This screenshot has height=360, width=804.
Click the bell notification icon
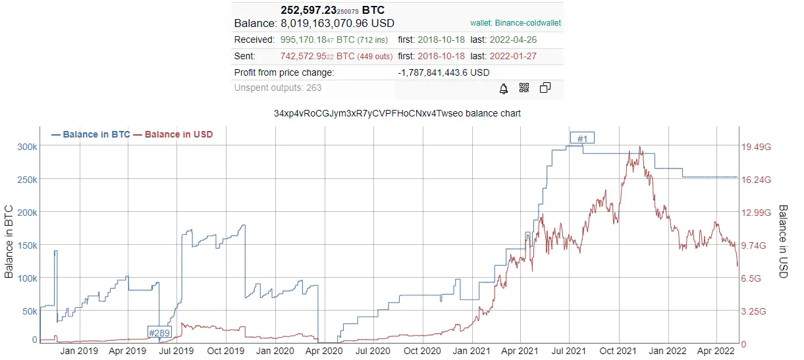coord(504,88)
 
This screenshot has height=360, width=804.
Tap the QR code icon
coord(524,88)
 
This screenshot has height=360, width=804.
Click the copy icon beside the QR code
coord(545,88)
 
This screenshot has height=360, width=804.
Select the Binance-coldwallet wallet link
coord(516,23)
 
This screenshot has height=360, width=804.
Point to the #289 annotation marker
coord(159,332)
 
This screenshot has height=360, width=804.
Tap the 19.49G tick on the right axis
coord(756,147)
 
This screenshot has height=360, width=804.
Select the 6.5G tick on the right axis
coord(751,278)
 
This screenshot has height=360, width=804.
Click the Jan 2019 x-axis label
coord(79,350)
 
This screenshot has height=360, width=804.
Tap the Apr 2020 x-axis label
coord(324,350)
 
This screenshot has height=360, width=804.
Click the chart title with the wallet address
coord(397,113)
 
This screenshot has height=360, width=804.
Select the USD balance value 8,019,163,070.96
coord(337,23)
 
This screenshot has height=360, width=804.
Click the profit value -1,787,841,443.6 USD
coord(443,72)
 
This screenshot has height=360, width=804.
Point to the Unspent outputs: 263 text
coord(278,88)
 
